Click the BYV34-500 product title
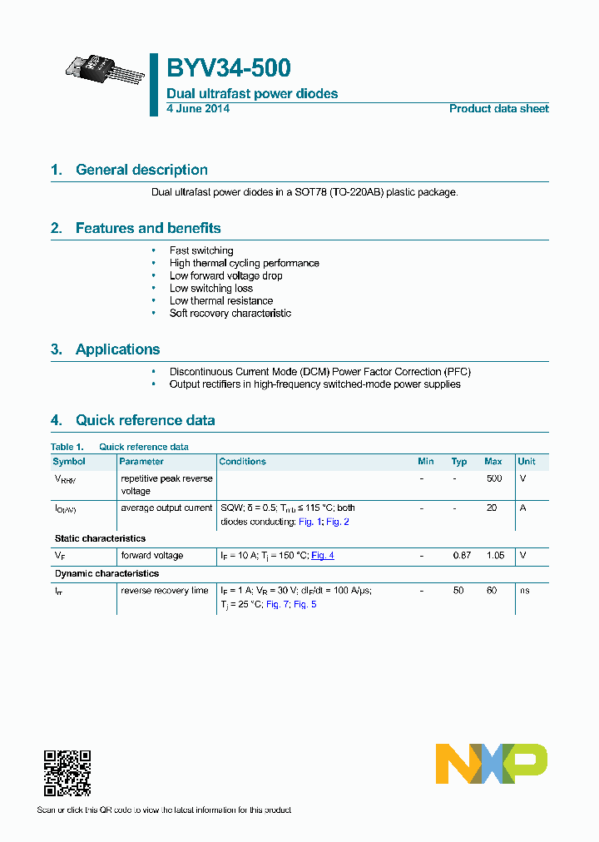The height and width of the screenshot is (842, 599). [x=229, y=68]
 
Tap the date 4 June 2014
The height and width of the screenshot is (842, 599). [x=198, y=108]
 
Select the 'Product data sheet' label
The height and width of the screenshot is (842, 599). [x=498, y=108]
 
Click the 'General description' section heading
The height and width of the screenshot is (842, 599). [x=141, y=170]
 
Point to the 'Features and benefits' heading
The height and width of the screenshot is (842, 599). [x=148, y=228]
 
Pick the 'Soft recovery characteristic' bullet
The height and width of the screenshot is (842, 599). [x=230, y=313]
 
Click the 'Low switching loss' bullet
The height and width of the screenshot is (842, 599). [x=211, y=288]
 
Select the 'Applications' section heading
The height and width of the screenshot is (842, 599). [x=117, y=349]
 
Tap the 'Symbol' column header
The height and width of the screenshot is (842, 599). [x=69, y=461]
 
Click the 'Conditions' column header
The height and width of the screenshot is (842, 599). [x=242, y=461]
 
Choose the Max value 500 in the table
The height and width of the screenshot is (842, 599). [x=493, y=478]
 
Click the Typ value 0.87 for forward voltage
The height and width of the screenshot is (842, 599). [x=460, y=555]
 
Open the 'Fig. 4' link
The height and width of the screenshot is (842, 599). [x=323, y=555]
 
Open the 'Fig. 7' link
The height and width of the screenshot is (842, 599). [x=277, y=603]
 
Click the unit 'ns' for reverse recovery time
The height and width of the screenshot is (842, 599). [x=523, y=590]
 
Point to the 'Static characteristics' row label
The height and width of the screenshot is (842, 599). [x=100, y=538]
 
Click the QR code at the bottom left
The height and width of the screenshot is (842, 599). [x=67, y=773]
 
